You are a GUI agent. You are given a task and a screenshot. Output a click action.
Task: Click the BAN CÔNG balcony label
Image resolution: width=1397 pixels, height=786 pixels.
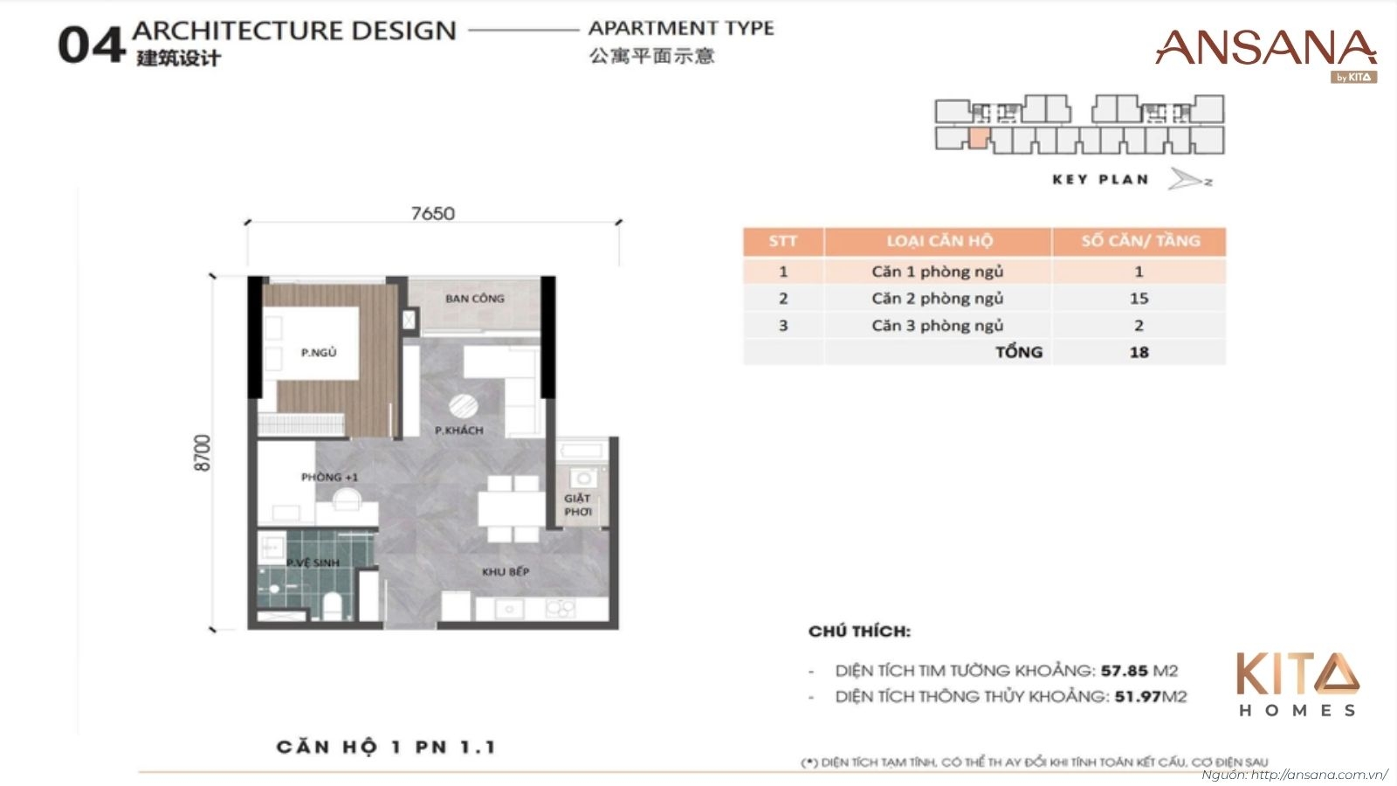click(475, 299)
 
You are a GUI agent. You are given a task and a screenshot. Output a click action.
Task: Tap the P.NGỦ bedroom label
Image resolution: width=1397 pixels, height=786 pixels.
click(319, 353)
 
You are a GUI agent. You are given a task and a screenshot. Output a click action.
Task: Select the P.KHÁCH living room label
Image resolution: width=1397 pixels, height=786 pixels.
click(458, 431)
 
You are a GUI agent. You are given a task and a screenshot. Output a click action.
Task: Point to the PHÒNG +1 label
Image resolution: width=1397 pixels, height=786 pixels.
click(329, 478)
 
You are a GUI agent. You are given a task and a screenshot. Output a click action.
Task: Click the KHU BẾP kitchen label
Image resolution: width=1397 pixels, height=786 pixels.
click(506, 572)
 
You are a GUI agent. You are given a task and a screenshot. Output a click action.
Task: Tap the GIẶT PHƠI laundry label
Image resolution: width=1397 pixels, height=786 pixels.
click(577, 505)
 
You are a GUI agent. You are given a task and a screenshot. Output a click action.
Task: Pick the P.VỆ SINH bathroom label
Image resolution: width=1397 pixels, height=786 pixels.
click(313, 563)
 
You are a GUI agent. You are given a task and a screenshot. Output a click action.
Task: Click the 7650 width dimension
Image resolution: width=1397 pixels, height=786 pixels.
click(433, 214)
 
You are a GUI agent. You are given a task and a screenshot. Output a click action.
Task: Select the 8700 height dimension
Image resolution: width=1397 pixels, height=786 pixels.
click(203, 453)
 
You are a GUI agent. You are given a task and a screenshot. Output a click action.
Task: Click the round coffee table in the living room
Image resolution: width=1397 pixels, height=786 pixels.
click(463, 407)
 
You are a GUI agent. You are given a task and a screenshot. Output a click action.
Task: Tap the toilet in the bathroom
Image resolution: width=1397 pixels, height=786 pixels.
click(333, 604)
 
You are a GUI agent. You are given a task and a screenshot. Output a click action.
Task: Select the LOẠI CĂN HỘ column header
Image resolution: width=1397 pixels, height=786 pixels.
click(939, 241)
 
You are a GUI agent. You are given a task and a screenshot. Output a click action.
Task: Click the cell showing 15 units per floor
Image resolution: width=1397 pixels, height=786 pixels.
click(1139, 299)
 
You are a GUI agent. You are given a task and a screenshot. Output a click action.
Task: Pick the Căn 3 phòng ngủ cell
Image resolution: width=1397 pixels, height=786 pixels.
click(937, 326)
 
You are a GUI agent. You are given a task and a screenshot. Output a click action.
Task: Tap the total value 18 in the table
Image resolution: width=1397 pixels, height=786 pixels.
click(1139, 353)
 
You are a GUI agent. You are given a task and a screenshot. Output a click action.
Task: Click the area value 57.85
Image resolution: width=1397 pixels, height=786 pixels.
click(1124, 671)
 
